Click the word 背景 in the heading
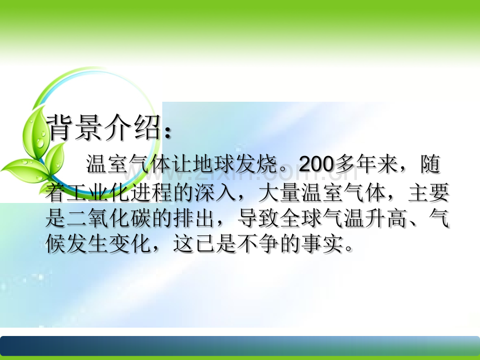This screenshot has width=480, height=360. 74,128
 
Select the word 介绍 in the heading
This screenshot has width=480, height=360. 131,128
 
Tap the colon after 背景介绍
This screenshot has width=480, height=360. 167,132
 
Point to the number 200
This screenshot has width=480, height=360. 316,164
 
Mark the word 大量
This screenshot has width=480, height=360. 279,193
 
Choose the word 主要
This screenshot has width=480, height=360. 428,193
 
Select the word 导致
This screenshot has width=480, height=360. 258,218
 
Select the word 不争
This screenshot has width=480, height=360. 258,244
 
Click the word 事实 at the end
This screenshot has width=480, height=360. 322,244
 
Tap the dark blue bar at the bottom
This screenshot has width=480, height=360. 240,346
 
